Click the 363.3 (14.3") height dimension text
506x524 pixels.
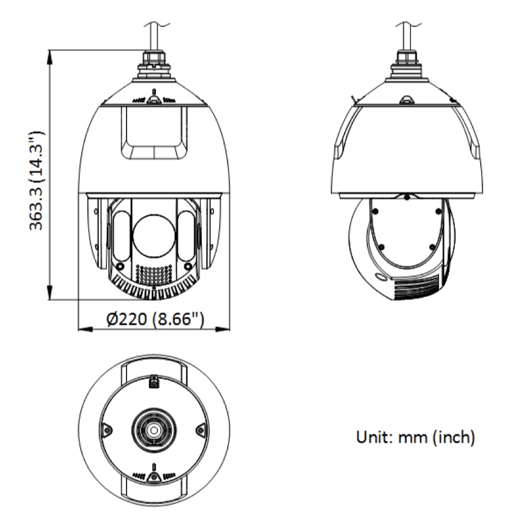pos(37,180)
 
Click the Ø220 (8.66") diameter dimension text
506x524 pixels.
pos(155,319)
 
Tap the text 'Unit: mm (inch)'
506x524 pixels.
pos(416,437)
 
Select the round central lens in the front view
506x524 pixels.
pos(154,235)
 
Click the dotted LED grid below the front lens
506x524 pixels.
pos(154,275)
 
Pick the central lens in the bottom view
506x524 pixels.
pos(154,429)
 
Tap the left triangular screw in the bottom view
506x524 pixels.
pos(107,429)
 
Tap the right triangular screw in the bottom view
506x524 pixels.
pos(201,429)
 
